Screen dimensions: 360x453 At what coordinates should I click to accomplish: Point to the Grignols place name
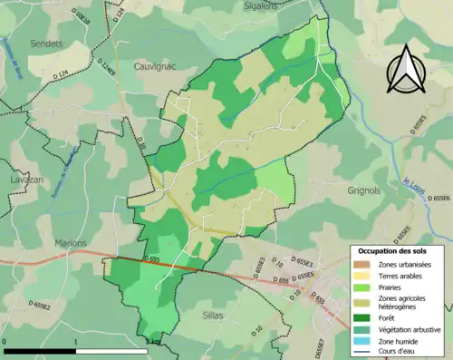pyautogui.click(x=368, y=190)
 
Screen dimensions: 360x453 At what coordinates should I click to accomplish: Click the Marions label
pyautogui.click(x=70, y=243)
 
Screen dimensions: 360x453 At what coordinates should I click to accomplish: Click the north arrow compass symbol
pyautogui.click(x=407, y=65)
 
